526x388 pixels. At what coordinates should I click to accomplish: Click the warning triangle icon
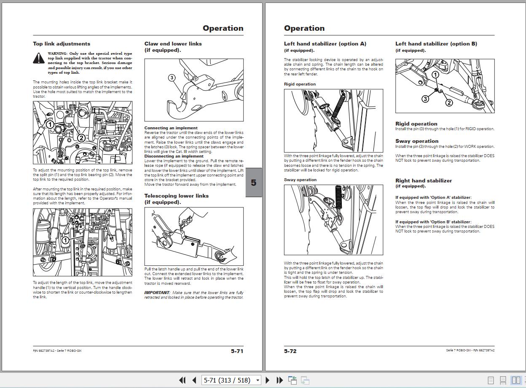point(39,58)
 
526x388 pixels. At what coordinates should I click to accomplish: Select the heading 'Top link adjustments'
point(62,44)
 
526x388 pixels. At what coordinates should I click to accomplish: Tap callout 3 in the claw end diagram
point(172,78)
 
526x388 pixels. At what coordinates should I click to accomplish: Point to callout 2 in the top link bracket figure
point(81,138)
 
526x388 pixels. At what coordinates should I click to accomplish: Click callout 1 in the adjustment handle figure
point(65,240)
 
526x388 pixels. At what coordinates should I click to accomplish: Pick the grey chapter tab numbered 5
point(253,182)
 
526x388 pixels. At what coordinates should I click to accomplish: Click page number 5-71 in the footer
point(237,351)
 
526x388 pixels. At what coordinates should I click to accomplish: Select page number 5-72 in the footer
point(290,351)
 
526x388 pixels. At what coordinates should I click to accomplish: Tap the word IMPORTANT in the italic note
point(157,292)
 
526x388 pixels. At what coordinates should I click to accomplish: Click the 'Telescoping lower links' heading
point(177,196)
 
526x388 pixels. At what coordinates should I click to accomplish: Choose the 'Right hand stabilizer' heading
point(424,181)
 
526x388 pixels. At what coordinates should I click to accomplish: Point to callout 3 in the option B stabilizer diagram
point(425,99)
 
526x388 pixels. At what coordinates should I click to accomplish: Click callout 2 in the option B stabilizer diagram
point(449,103)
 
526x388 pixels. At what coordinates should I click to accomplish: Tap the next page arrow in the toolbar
point(267,380)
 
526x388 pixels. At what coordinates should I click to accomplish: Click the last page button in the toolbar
point(279,380)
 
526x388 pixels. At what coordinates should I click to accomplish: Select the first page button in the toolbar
point(182,380)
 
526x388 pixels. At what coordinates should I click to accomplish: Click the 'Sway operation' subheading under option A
point(300,179)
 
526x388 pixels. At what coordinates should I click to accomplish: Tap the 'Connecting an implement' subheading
point(171,128)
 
